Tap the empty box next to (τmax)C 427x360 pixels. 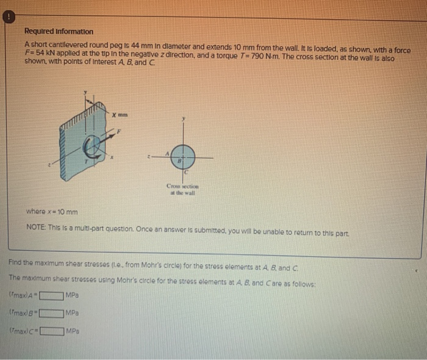point(51,333)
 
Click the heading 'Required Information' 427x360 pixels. point(59,31)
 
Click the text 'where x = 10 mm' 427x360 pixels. point(52,212)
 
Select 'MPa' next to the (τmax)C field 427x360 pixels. point(72,333)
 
